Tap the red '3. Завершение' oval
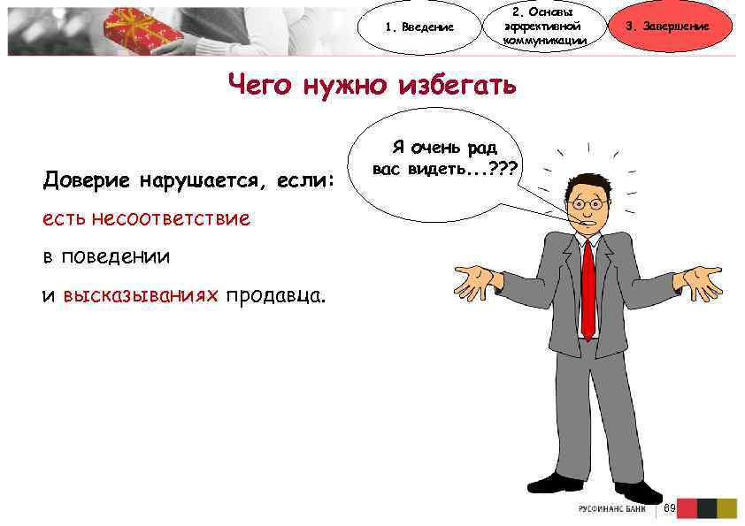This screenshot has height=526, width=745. point(667,27)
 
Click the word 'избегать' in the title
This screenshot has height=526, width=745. point(457,87)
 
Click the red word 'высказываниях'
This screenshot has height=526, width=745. point(140,295)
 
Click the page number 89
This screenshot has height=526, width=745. point(670,508)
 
